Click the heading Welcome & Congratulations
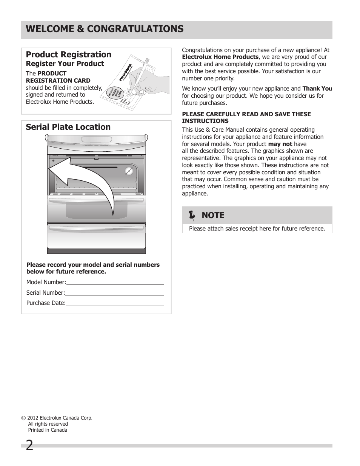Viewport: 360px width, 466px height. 105,29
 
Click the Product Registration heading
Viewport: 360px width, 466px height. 68,55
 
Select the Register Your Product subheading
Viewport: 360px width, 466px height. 65,64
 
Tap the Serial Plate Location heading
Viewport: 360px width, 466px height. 68,127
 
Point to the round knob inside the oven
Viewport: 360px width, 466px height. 129,171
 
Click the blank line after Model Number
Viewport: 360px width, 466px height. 115,282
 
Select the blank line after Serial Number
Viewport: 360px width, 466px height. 114,292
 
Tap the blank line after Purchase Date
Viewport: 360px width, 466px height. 115,303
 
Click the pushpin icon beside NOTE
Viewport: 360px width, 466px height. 192,215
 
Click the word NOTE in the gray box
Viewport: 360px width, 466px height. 213,215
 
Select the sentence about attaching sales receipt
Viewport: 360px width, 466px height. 257,229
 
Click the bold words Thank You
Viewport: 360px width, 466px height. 317,89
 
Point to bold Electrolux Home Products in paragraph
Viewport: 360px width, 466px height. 220,57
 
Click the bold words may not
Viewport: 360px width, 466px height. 280,144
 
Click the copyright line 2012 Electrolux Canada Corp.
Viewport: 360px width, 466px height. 57,418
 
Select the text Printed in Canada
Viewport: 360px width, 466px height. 48,430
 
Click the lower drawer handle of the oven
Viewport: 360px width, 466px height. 96,227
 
